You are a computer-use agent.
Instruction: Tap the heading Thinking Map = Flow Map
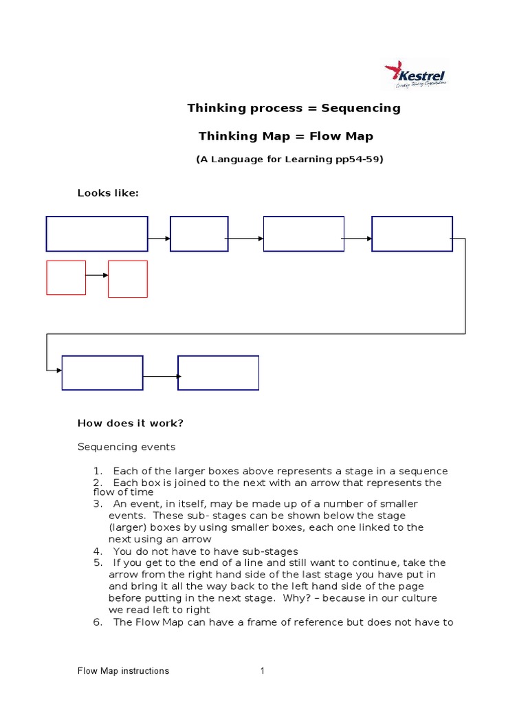[x=285, y=136]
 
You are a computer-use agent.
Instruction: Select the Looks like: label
[x=108, y=193]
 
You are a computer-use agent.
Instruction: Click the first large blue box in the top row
[x=97, y=234]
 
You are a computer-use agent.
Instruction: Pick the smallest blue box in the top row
[x=199, y=234]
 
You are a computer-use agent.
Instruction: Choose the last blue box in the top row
[x=412, y=234]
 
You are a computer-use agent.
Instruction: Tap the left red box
[x=66, y=278]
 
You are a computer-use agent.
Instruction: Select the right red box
[x=128, y=278]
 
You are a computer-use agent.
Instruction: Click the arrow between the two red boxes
[x=97, y=275]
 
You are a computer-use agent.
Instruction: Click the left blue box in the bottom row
[x=102, y=373]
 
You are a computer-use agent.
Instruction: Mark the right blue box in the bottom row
[x=219, y=373]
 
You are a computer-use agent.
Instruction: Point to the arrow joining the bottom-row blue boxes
[x=161, y=376]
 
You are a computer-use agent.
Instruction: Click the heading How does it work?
[x=131, y=423]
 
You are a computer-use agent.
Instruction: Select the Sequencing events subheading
[x=126, y=447]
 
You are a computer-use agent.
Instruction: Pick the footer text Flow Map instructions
[x=123, y=671]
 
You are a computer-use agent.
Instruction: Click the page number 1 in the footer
[x=262, y=671]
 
